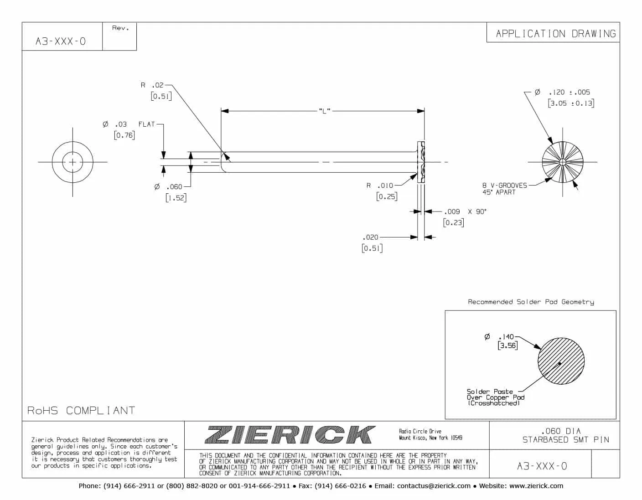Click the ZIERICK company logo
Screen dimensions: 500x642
pos(290,435)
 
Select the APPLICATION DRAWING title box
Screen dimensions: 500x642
pos(555,33)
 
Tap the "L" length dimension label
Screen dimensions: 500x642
pos(324,111)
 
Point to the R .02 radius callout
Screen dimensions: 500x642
pos(152,85)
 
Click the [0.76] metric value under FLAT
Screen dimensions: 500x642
pos(124,135)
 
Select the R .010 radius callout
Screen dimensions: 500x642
pos(380,186)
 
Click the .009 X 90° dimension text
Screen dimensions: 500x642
pos(465,211)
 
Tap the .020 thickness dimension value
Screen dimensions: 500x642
pos(370,237)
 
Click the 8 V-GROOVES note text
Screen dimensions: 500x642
pos(505,186)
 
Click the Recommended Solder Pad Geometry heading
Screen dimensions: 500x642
pos(531,302)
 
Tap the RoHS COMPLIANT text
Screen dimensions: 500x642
pos(81,410)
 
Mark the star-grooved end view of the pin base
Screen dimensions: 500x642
pos(563,162)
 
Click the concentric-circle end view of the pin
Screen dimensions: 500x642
pos(72,162)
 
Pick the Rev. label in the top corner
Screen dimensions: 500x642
pos(120,28)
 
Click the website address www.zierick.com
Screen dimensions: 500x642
pos(536,486)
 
